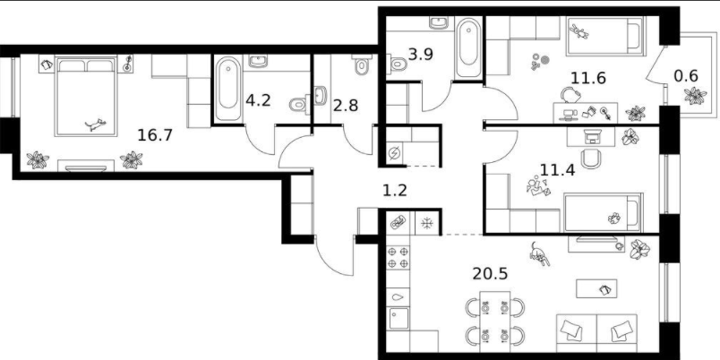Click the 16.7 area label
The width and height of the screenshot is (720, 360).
tap(155, 135)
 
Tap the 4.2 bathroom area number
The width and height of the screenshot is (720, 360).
tap(258, 100)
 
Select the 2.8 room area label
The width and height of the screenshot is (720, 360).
tap(345, 106)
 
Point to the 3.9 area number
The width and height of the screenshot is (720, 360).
tap(420, 55)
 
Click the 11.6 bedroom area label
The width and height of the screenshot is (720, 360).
tap(587, 78)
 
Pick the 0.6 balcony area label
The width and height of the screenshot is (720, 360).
tap(686, 75)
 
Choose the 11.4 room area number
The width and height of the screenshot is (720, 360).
tap(557, 170)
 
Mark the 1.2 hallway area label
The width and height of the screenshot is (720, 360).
tap(395, 190)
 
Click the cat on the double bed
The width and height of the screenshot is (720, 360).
tap(96, 124)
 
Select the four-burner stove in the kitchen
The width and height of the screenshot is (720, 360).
tap(398, 257)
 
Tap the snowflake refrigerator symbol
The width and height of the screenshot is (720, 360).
tap(427, 224)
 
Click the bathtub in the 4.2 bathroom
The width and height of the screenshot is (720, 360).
tap(228, 89)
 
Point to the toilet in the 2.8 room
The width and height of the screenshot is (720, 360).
tap(363, 65)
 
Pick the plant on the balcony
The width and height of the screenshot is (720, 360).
tap(695, 96)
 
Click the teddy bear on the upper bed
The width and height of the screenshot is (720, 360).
tap(579, 32)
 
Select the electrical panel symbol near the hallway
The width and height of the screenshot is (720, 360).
tap(394, 153)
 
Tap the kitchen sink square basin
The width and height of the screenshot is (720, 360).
tap(399, 318)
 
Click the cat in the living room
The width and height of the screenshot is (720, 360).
tap(539, 254)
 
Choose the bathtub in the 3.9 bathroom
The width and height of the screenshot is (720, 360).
tap(469, 47)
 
